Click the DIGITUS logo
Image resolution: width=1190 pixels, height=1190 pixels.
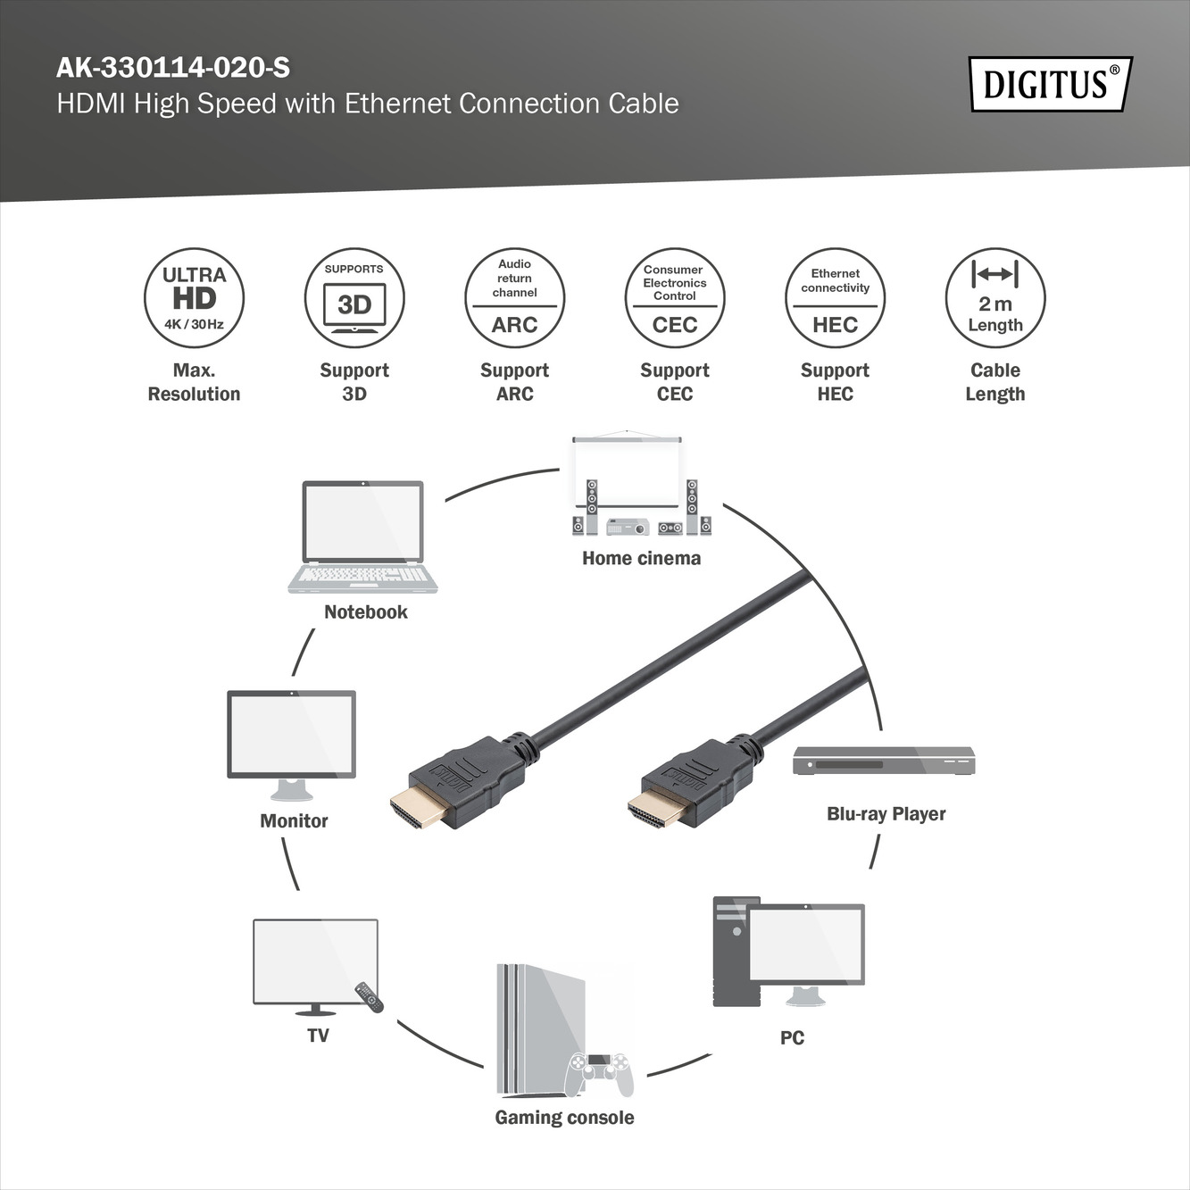1050,85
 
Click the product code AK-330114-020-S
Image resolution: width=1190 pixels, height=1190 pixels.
173,68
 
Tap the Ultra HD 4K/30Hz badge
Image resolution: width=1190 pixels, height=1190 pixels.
194,298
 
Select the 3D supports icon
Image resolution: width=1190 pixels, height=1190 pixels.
354,298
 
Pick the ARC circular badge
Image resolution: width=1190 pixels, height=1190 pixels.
514,298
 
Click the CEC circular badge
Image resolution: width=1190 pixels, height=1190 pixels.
675,298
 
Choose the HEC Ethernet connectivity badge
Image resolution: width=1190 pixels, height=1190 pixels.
835,298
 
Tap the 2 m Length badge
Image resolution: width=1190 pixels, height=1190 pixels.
994,298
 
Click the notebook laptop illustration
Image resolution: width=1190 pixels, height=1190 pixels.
362,536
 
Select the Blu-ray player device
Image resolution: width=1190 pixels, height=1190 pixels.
884,761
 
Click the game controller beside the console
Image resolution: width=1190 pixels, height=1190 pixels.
601,1074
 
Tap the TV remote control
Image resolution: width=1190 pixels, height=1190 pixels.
370,997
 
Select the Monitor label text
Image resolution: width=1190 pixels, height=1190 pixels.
294,820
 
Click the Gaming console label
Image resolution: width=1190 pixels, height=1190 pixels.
564,1118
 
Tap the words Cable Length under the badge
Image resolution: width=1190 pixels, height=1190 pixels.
994,382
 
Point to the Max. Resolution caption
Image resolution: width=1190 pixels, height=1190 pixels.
194,382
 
